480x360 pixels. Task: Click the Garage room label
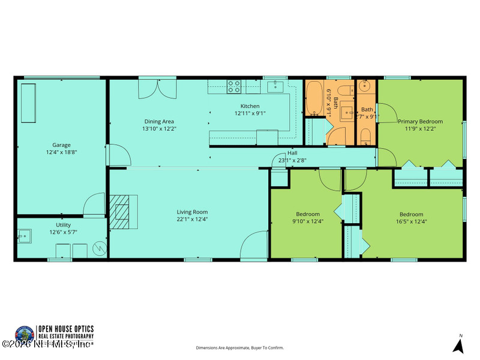click(x=61, y=145)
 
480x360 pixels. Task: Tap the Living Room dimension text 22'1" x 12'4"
click(x=192, y=219)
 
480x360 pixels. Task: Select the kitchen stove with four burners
click(x=234, y=87)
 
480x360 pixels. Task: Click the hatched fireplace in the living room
click(x=124, y=212)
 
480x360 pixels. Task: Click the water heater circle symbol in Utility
click(x=100, y=248)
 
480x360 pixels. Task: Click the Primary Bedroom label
click(x=421, y=121)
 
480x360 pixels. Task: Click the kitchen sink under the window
click(x=275, y=88)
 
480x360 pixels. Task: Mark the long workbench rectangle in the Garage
click(x=29, y=103)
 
